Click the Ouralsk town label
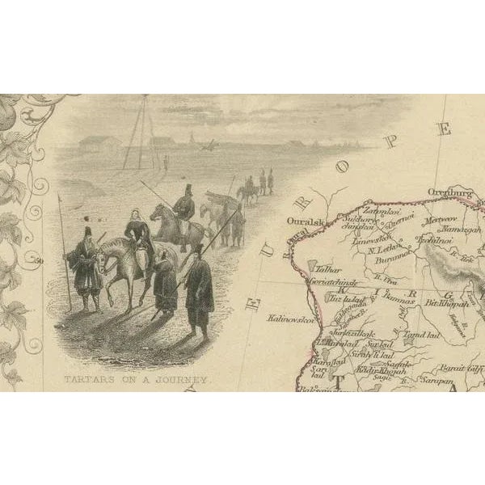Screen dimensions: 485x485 pos(304,219)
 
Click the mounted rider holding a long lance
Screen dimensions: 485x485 pos(183,208)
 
